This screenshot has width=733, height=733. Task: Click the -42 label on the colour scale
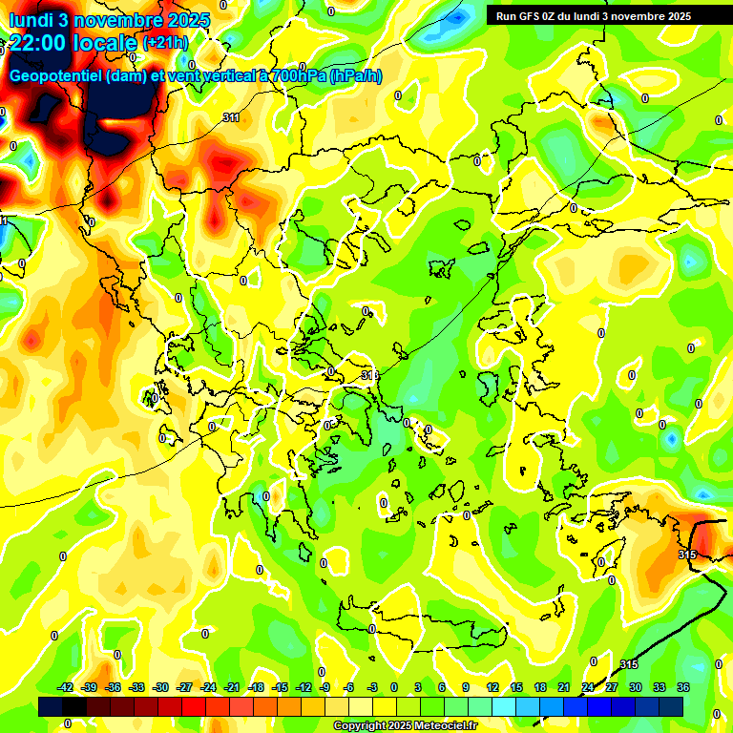coord(66,687)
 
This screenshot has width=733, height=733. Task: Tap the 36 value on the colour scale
coord(683,687)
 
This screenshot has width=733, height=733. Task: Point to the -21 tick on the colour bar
coord(232,687)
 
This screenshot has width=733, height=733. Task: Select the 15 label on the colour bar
coord(516,687)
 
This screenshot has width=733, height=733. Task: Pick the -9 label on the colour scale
coord(325,687)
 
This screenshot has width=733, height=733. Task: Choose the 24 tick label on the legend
coord(587,687)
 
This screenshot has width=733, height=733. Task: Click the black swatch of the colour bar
coord(52,705)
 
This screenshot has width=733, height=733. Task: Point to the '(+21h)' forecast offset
coord(165,43)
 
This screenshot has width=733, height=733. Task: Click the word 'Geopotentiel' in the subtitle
coord(56,76)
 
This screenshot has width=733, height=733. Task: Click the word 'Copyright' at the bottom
coord(359,726)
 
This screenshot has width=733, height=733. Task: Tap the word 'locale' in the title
coord(107,43)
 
